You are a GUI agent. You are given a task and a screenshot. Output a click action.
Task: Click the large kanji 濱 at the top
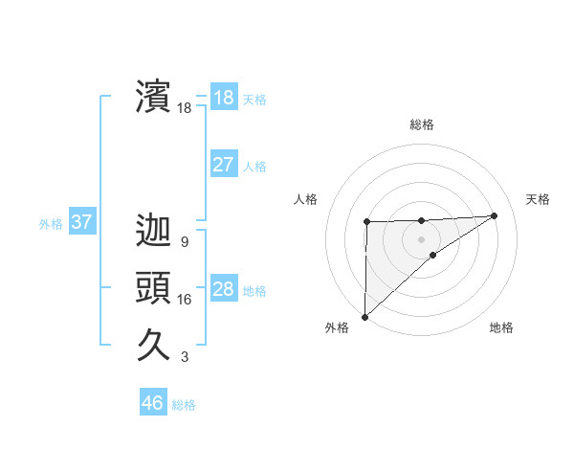pyautogui.click(x=153, y=97)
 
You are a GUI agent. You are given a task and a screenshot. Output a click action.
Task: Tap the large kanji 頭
pyautogui.click(x=153, y=288)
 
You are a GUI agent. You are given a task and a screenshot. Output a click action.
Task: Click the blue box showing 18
pyautogui.click(x=223, y=97)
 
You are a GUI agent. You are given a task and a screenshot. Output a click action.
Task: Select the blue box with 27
pyautogui.click(x=223, y=164)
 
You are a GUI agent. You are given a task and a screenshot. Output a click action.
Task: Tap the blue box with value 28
pyautogui.click(x=223, y=289)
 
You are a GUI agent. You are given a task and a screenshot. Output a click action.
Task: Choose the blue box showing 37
pyautogui.click(x=81, y=223)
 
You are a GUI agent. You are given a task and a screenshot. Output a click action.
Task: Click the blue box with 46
pyautogui.click(x=152, y=402)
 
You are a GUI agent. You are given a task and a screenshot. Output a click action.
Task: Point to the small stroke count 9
pyautogui.click(x=184, y=242)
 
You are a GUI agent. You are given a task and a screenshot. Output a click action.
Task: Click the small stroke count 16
pyautogui.click(x=185, y=300)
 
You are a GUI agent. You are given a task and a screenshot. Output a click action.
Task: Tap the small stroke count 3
pyautogui.click(x=184, y=357)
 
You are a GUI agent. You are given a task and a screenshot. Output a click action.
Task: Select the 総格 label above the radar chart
pyautogui.click(x=422, y=124)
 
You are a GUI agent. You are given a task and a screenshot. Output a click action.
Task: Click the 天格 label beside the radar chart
pyautogui.click(x=538, y=199)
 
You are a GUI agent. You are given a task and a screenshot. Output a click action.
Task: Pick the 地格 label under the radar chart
pyautogui.click(x=501, y=327)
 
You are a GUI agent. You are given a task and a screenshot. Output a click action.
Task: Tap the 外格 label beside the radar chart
pyautogui.click(x=337, y=327)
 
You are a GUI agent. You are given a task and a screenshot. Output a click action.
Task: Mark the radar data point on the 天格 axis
pyautogui.click(x=494, y=214)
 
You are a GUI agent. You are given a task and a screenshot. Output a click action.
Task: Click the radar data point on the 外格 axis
pyautogui.click(x=364, y=316)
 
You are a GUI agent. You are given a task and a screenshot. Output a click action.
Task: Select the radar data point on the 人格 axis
pyautogui.click(x=366, y=222)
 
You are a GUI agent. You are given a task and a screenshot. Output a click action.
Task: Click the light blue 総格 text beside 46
pyautogui.click(x=185, y=404)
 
